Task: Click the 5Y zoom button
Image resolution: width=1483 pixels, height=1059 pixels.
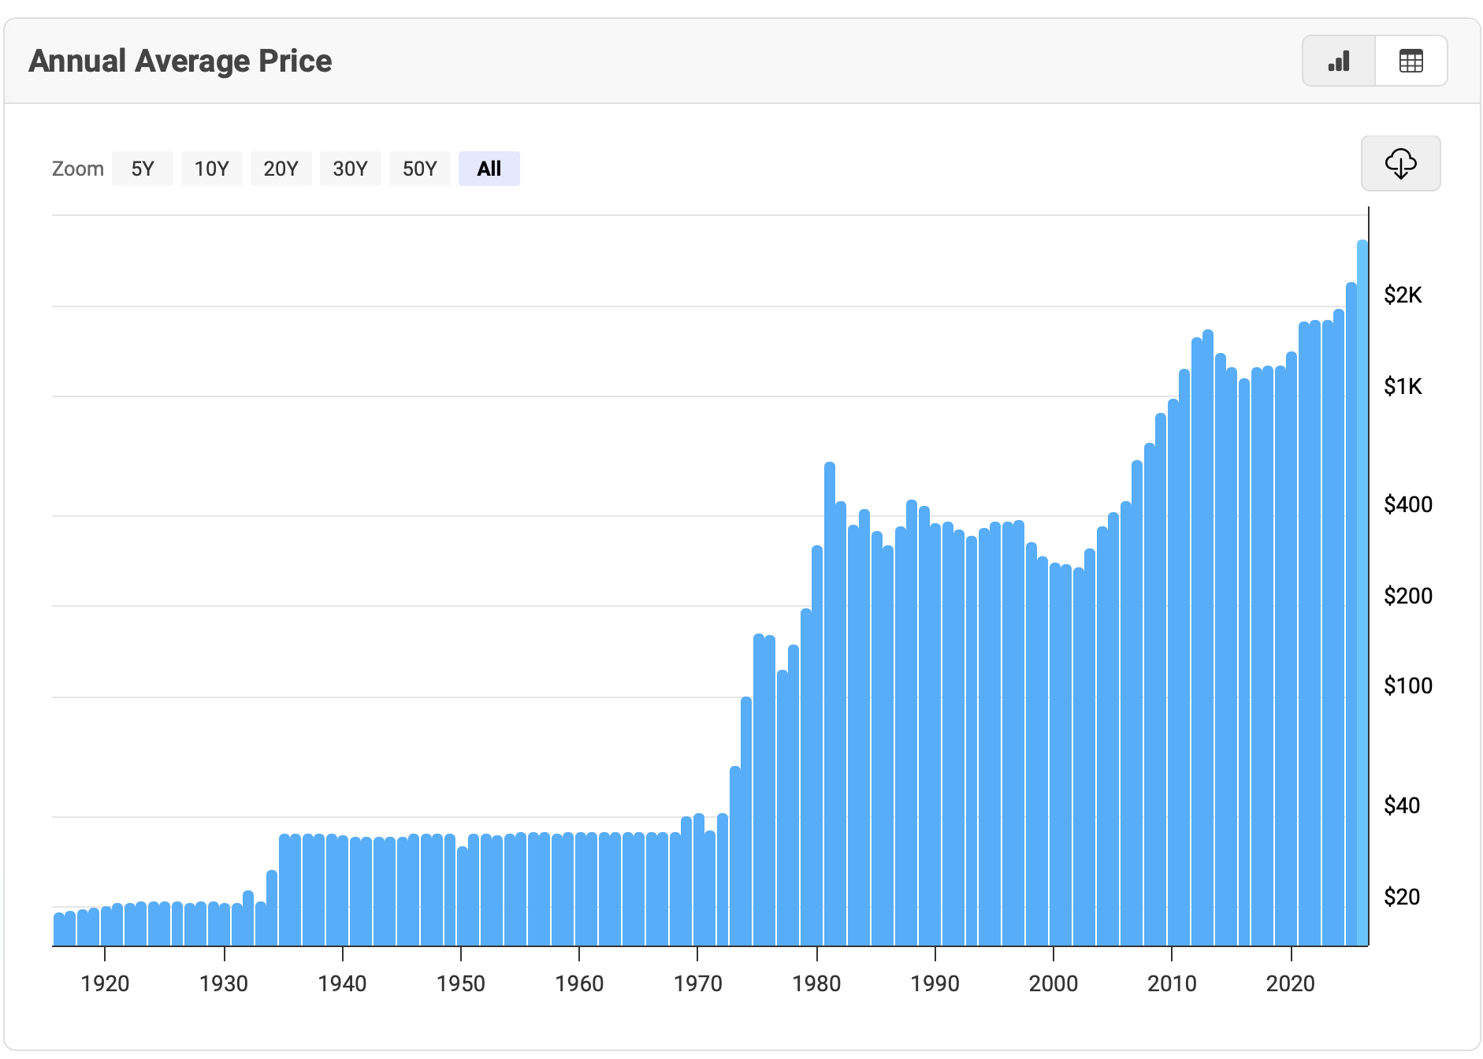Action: [x=142, y=169]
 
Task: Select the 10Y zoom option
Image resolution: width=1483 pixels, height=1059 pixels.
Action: [x=211, y=169]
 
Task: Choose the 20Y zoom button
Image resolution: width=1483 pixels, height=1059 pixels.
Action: [x=281, y=169]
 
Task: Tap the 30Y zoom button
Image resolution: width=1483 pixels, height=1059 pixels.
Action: [x=350, y=169]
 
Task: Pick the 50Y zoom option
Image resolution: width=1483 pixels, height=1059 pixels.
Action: [x=419, y=169]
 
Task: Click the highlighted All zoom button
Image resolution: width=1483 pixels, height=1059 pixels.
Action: [x=489, y=169]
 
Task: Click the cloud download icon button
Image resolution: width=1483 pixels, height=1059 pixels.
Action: [x=1400, y=163]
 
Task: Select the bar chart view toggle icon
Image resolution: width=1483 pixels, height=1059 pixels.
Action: [x=1339, y=61]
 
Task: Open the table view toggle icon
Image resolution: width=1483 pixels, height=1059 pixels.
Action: [x=1411, y=61]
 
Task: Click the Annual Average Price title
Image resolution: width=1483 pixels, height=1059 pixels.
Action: [x=180, y=61]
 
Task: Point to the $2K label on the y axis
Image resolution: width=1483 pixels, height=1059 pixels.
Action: [x=1403, y=295]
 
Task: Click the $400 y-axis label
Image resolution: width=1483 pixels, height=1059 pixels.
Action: [x=1407, y=504]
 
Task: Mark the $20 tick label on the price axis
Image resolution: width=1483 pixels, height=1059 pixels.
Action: [x=1401, y=897]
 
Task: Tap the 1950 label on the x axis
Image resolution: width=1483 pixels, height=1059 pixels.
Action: [x=461, y=983]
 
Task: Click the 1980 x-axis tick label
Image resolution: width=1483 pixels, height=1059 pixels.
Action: [x=816, y=983]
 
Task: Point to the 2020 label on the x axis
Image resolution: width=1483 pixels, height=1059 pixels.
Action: [x=1290, y=983]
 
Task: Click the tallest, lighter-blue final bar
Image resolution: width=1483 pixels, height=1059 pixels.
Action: [x=1362, y=591]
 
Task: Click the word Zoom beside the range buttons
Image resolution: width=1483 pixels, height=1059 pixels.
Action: [x=77, y=169]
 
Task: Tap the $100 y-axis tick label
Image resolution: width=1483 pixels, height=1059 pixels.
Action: [x=1407, y=686]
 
